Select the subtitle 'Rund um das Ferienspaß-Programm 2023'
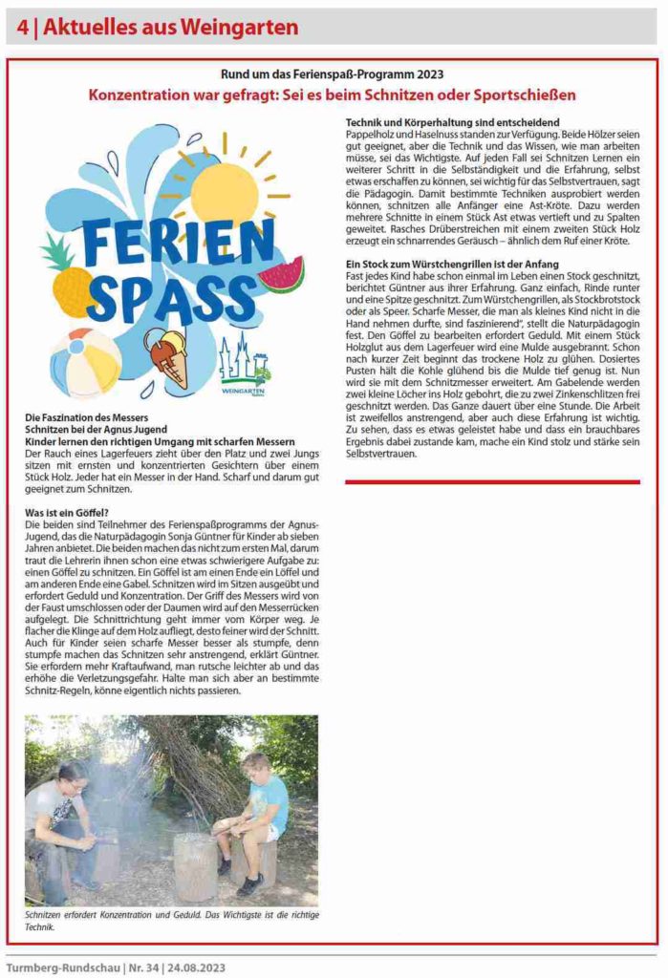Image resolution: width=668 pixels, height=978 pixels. (333, 74)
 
